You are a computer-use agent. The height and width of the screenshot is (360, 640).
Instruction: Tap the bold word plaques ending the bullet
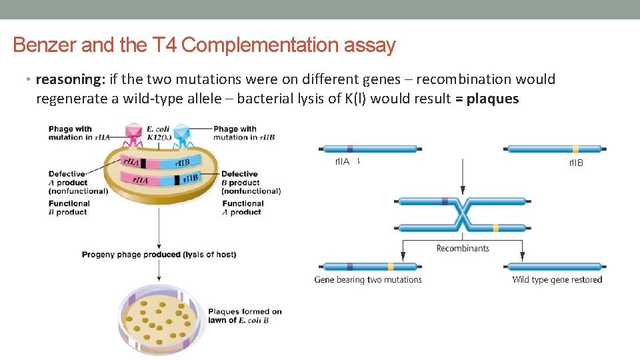[x=493, y=99]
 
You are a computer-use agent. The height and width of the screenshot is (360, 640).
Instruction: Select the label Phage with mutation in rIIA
[x=70, y=133]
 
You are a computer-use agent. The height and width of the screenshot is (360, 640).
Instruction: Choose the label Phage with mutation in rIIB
[x=244, y=133]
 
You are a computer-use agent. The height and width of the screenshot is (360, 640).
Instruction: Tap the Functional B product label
[x=69, y=208]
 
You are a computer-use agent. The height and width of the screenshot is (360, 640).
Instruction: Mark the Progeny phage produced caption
[x=159, y=254]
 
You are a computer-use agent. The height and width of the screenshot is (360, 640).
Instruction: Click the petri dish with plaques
[x=159, y=319]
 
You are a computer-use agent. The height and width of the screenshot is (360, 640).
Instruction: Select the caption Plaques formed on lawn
[x=244, y=315]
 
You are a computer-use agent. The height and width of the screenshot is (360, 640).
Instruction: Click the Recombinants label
[x=463, y=248]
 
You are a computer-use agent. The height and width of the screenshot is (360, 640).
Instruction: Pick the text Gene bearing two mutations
[x=368, y=279]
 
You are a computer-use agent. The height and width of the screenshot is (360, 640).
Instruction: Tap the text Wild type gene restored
[x=557, y=279]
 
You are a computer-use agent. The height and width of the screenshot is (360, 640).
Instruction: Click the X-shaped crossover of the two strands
[x=463, y=214]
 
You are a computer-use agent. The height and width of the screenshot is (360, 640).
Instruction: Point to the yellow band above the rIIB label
[x=575, y=149]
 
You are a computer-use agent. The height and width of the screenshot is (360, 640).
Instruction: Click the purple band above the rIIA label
[x=350, y=149]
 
